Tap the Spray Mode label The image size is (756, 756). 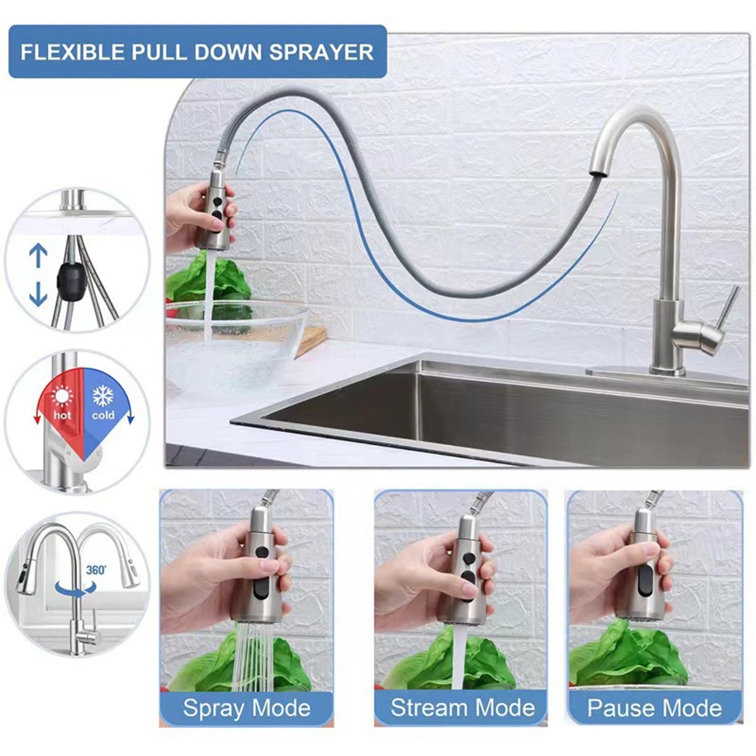pos(246,708)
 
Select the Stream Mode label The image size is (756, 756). pos(462,708)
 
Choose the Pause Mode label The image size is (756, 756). pos(655,708)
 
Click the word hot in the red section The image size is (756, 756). pos(62,415)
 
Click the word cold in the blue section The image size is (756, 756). pos(103,415)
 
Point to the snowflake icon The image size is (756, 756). pos(103,396)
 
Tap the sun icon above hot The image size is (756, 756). pos(62,397)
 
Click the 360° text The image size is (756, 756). pos(96,570)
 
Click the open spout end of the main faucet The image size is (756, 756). pos(597,172)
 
